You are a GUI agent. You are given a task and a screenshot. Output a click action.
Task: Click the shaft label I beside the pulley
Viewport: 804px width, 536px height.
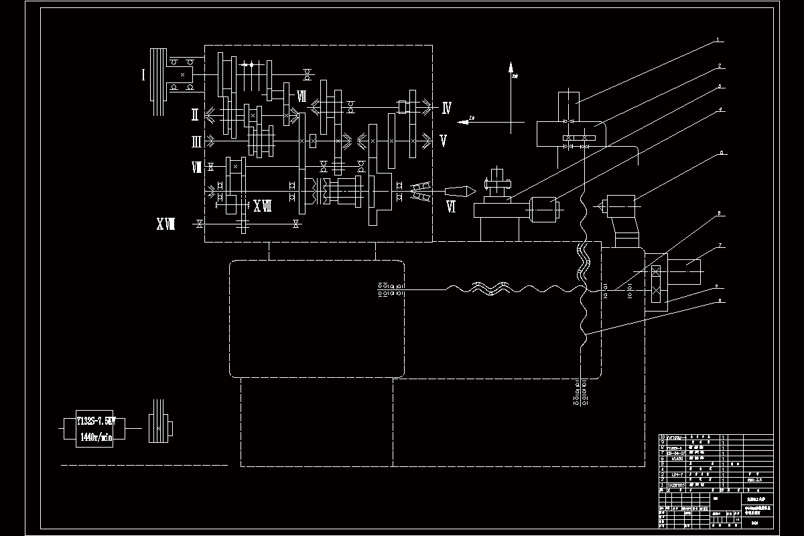point(143,74)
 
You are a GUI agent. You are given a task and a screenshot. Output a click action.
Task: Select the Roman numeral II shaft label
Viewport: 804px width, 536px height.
point(194,115)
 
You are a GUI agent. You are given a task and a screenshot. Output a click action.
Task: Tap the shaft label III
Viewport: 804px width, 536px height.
point(196,141)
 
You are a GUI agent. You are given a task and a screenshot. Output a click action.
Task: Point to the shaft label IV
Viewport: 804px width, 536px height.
point(446,107)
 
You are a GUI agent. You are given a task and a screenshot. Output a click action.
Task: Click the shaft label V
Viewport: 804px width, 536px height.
point(443,141)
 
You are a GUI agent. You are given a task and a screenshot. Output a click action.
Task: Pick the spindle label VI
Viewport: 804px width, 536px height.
point(451,208)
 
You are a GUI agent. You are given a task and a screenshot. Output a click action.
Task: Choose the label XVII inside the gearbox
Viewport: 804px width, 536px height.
point(262,206)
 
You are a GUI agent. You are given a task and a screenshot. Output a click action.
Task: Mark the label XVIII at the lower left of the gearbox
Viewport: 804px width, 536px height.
point(165,224)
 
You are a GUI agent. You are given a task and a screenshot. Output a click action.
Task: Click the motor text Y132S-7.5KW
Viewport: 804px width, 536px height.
point(96,421)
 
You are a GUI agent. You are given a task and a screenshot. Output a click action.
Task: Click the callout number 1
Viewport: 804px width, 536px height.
point(718,40)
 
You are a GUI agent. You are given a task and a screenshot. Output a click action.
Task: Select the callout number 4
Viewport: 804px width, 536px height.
point(719,109)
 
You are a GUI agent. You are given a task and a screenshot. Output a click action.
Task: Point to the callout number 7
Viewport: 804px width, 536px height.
point(719,247)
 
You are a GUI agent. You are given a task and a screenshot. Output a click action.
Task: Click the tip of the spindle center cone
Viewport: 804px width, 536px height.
point(475,192)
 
